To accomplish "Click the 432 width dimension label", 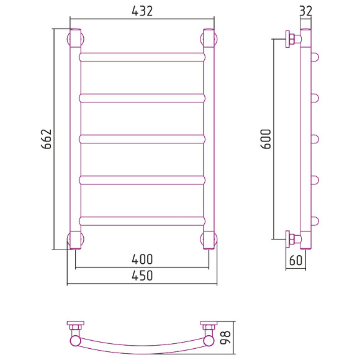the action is pyautogui.click(x=142, y=11).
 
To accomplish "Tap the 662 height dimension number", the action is pyautogui.click(x=47, y=139).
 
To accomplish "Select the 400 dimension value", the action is pyautogui.click(x=142, y=259).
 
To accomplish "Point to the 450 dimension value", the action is pyautogui.click(x=142, y=276).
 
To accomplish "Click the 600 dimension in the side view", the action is pyautogui.click(x=266, y=139).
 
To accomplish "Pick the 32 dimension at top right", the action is pyautogui.click(x=306, y=11).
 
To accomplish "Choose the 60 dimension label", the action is pyautogui.click(x=295, y=260).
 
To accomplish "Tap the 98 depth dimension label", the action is pyautogui.click(x=225, y=338).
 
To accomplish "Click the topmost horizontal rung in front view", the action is pyautogui.click(x=142, y=57).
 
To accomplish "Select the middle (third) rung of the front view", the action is pyautogui.click(x=142, y=139).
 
